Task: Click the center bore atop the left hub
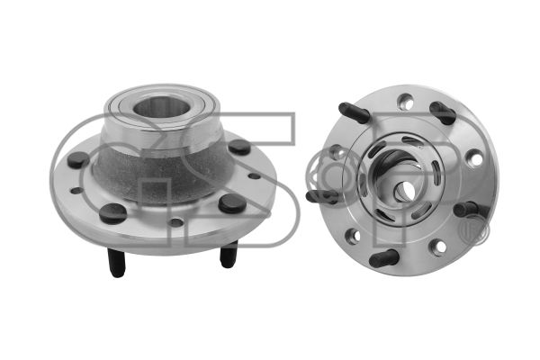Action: [161, 107]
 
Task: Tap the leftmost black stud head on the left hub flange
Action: [78, 159]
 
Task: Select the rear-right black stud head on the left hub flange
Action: [239, 147]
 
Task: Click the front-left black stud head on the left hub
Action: [113, 213]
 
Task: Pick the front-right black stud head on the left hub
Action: [232, 203]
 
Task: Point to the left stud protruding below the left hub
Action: [116, 263]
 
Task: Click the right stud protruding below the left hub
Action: [229, 254]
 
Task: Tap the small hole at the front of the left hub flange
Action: [176, 222]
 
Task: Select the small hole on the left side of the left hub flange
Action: [76, 191]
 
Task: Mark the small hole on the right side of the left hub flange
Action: [254, 175]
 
